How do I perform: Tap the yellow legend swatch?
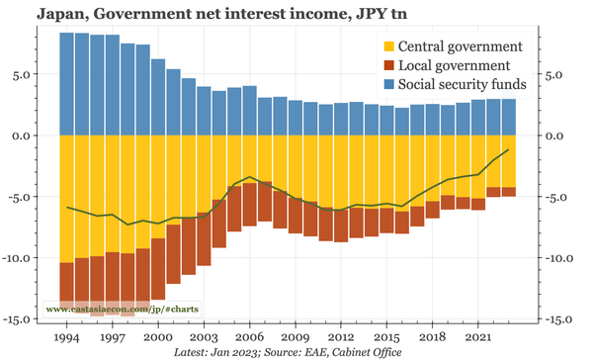(x=388, y=46)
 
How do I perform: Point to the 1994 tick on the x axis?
(x=67, y=336)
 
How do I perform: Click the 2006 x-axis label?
(x=249, y=336)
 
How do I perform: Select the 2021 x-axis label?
(x=478, y=336)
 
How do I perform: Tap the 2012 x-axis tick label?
(x=341, y=336)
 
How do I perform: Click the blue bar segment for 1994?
(x=67, y=84)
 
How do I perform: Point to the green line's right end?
(x=508, y=150)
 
